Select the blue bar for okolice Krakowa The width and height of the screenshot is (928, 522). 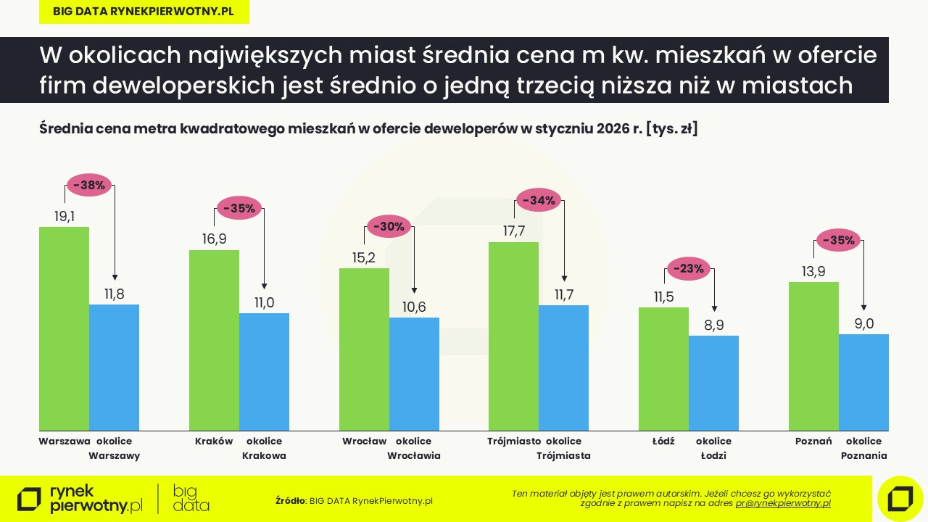click(x=264, y=372)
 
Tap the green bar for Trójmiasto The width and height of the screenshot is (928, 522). click(x=513, y=336)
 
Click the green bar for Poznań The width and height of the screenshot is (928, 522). click(x=813, y=356)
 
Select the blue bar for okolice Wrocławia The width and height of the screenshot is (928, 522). click(x=414, y=374)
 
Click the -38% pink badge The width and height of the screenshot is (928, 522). click(x=89, y=185)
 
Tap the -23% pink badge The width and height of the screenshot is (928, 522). click(x=689, y=269)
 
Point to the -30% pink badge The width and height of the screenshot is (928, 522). click(x=389, y=226)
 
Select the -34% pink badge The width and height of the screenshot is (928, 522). click(x=539, y=200)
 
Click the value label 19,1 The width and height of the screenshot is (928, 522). click(x=65, y=216)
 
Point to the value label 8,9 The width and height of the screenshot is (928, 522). click(x=714, y=326)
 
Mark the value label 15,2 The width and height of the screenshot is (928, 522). click(x=365, y=257)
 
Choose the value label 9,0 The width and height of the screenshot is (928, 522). click(x=864, y=323)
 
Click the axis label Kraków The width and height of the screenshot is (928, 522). click(x=214, y=441)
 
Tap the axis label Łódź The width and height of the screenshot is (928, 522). click(x=663, y=441)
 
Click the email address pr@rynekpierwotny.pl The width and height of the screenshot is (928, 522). click(x=783, y=503)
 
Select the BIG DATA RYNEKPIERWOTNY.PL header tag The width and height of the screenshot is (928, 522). click(x=144, y=12)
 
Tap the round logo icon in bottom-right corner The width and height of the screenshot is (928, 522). click(x=900, y=499)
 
